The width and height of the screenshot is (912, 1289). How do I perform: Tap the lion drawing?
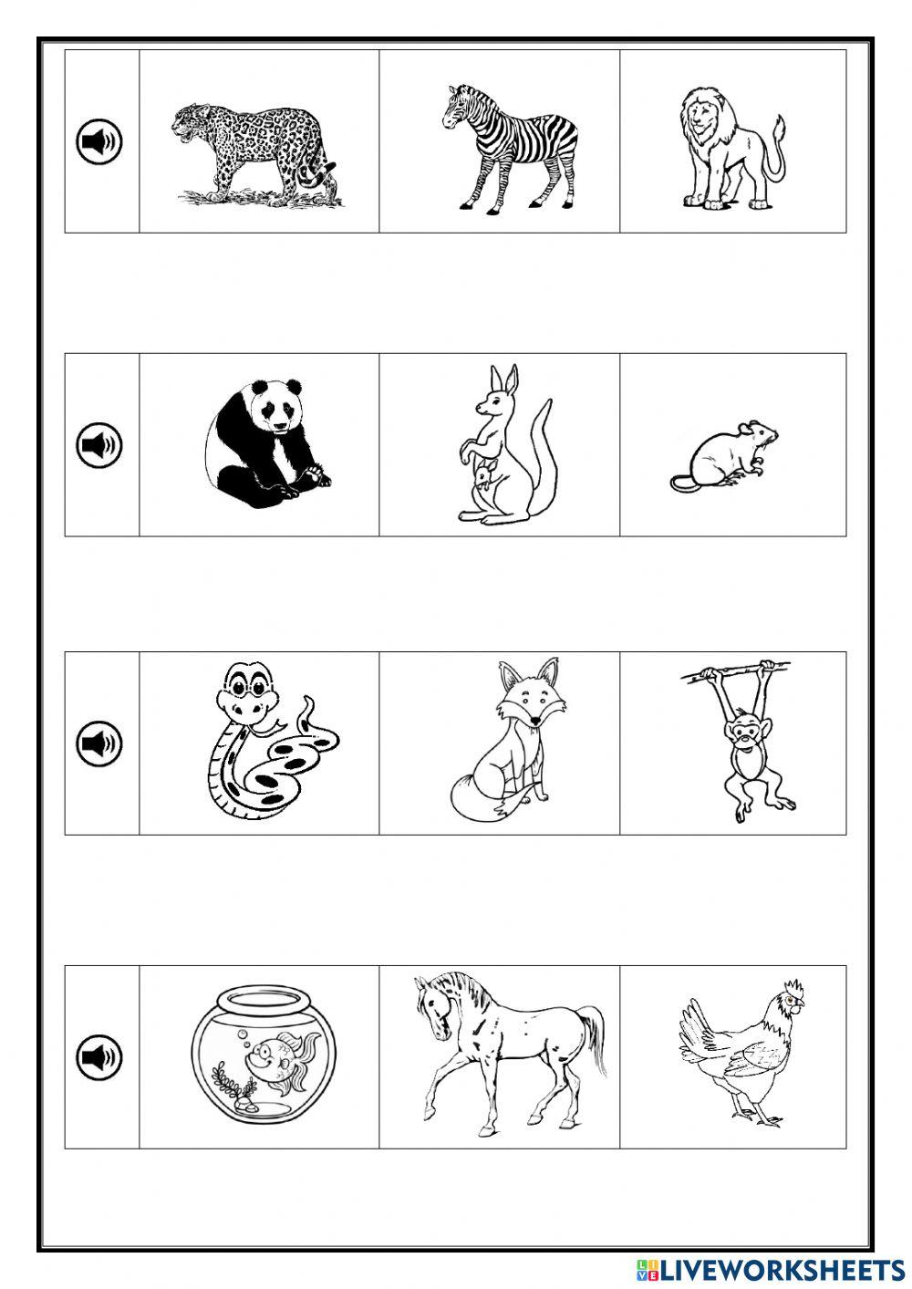tap(720, 151)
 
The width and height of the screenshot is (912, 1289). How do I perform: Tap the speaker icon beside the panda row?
tap(98, 444)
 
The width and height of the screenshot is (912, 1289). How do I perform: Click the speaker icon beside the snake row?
tap(98, 743)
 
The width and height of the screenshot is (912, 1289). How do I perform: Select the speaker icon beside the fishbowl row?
tap(98, 1056)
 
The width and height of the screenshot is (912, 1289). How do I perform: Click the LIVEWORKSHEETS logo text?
tap(766, 1270)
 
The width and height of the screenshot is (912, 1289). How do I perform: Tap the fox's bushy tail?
tap(479, 798)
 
